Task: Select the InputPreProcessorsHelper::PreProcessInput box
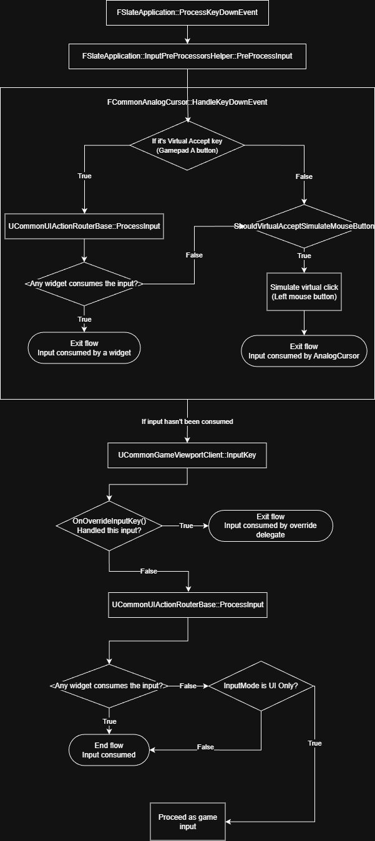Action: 187,56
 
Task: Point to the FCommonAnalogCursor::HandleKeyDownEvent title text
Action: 188,102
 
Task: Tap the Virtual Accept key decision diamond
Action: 187,147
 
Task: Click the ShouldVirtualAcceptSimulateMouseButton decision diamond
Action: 304,226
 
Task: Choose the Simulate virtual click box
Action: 304,291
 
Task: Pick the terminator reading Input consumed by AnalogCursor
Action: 304,351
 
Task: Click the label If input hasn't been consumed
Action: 187,422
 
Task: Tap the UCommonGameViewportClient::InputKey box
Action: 187,455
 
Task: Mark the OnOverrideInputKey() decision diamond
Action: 109,526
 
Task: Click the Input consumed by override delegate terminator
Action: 270,526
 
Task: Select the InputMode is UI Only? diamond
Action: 261,686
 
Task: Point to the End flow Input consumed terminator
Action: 109,750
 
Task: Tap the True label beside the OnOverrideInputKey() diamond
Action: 186,526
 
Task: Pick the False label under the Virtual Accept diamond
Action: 304,176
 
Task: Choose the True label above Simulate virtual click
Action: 304,256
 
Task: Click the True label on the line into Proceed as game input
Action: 315,744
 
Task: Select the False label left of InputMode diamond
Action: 187,686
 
